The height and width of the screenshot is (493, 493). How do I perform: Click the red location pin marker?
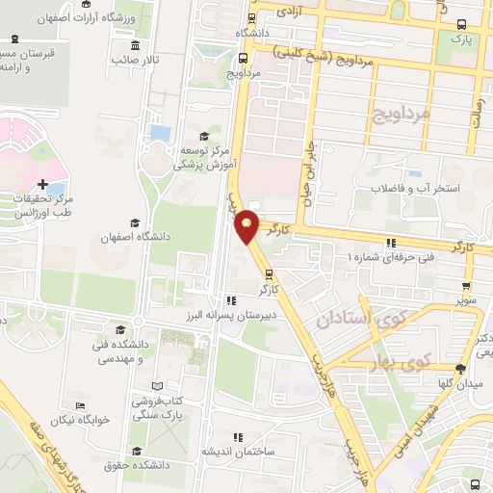pos(248,225)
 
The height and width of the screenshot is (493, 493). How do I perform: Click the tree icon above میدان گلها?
pos(460,370)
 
